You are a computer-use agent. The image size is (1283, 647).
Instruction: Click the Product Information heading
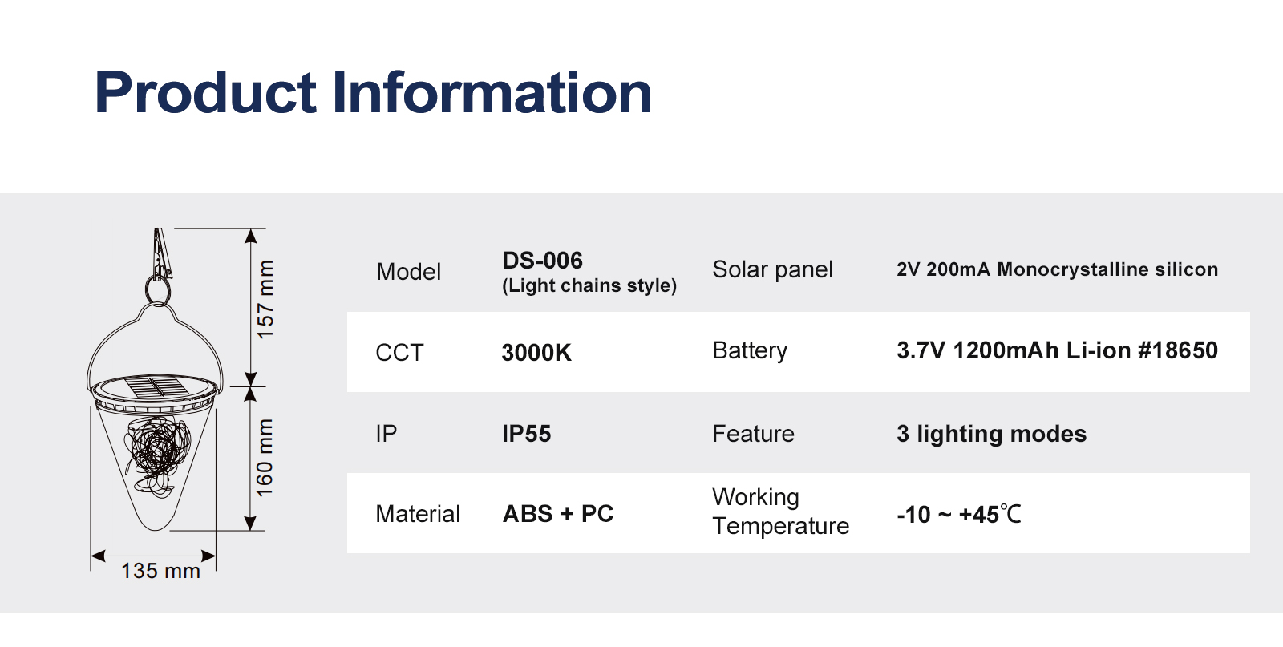tap(373, 92)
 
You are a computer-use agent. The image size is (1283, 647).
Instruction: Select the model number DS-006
tap(542, 261)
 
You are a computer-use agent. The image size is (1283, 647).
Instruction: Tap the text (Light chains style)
tap(589, 285)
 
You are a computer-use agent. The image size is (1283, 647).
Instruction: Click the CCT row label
tap(399, 353)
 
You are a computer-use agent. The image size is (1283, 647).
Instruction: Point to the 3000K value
tap(536, 353)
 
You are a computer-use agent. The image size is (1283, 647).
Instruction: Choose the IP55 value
tap(526, 434)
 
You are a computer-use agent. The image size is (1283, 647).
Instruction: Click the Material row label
tap(418, 514)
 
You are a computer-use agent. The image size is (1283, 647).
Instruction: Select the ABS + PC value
tap(558, 514)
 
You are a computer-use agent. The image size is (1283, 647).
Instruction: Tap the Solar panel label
tap(773, 269)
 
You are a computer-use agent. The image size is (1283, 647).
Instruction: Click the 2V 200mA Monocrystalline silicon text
tap(1058, 269)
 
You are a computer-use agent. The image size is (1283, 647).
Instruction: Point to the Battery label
tap(750, 350)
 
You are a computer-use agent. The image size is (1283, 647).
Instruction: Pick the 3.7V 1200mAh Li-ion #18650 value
tap(1058, 350)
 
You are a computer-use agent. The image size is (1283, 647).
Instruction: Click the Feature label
tap(753, 434)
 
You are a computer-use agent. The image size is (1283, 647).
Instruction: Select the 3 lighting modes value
tap(991, 434)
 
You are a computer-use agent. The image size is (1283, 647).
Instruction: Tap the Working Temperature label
tap(781, 512)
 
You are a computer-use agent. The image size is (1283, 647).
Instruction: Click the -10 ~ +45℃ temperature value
tap(959, 514)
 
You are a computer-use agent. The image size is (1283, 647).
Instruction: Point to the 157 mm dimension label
tap(265, 300)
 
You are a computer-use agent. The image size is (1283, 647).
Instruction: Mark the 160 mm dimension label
tap(265, 458)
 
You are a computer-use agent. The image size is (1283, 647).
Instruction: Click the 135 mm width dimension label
tap(160, 571)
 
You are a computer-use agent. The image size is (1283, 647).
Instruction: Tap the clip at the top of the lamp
tap(161, 254)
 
